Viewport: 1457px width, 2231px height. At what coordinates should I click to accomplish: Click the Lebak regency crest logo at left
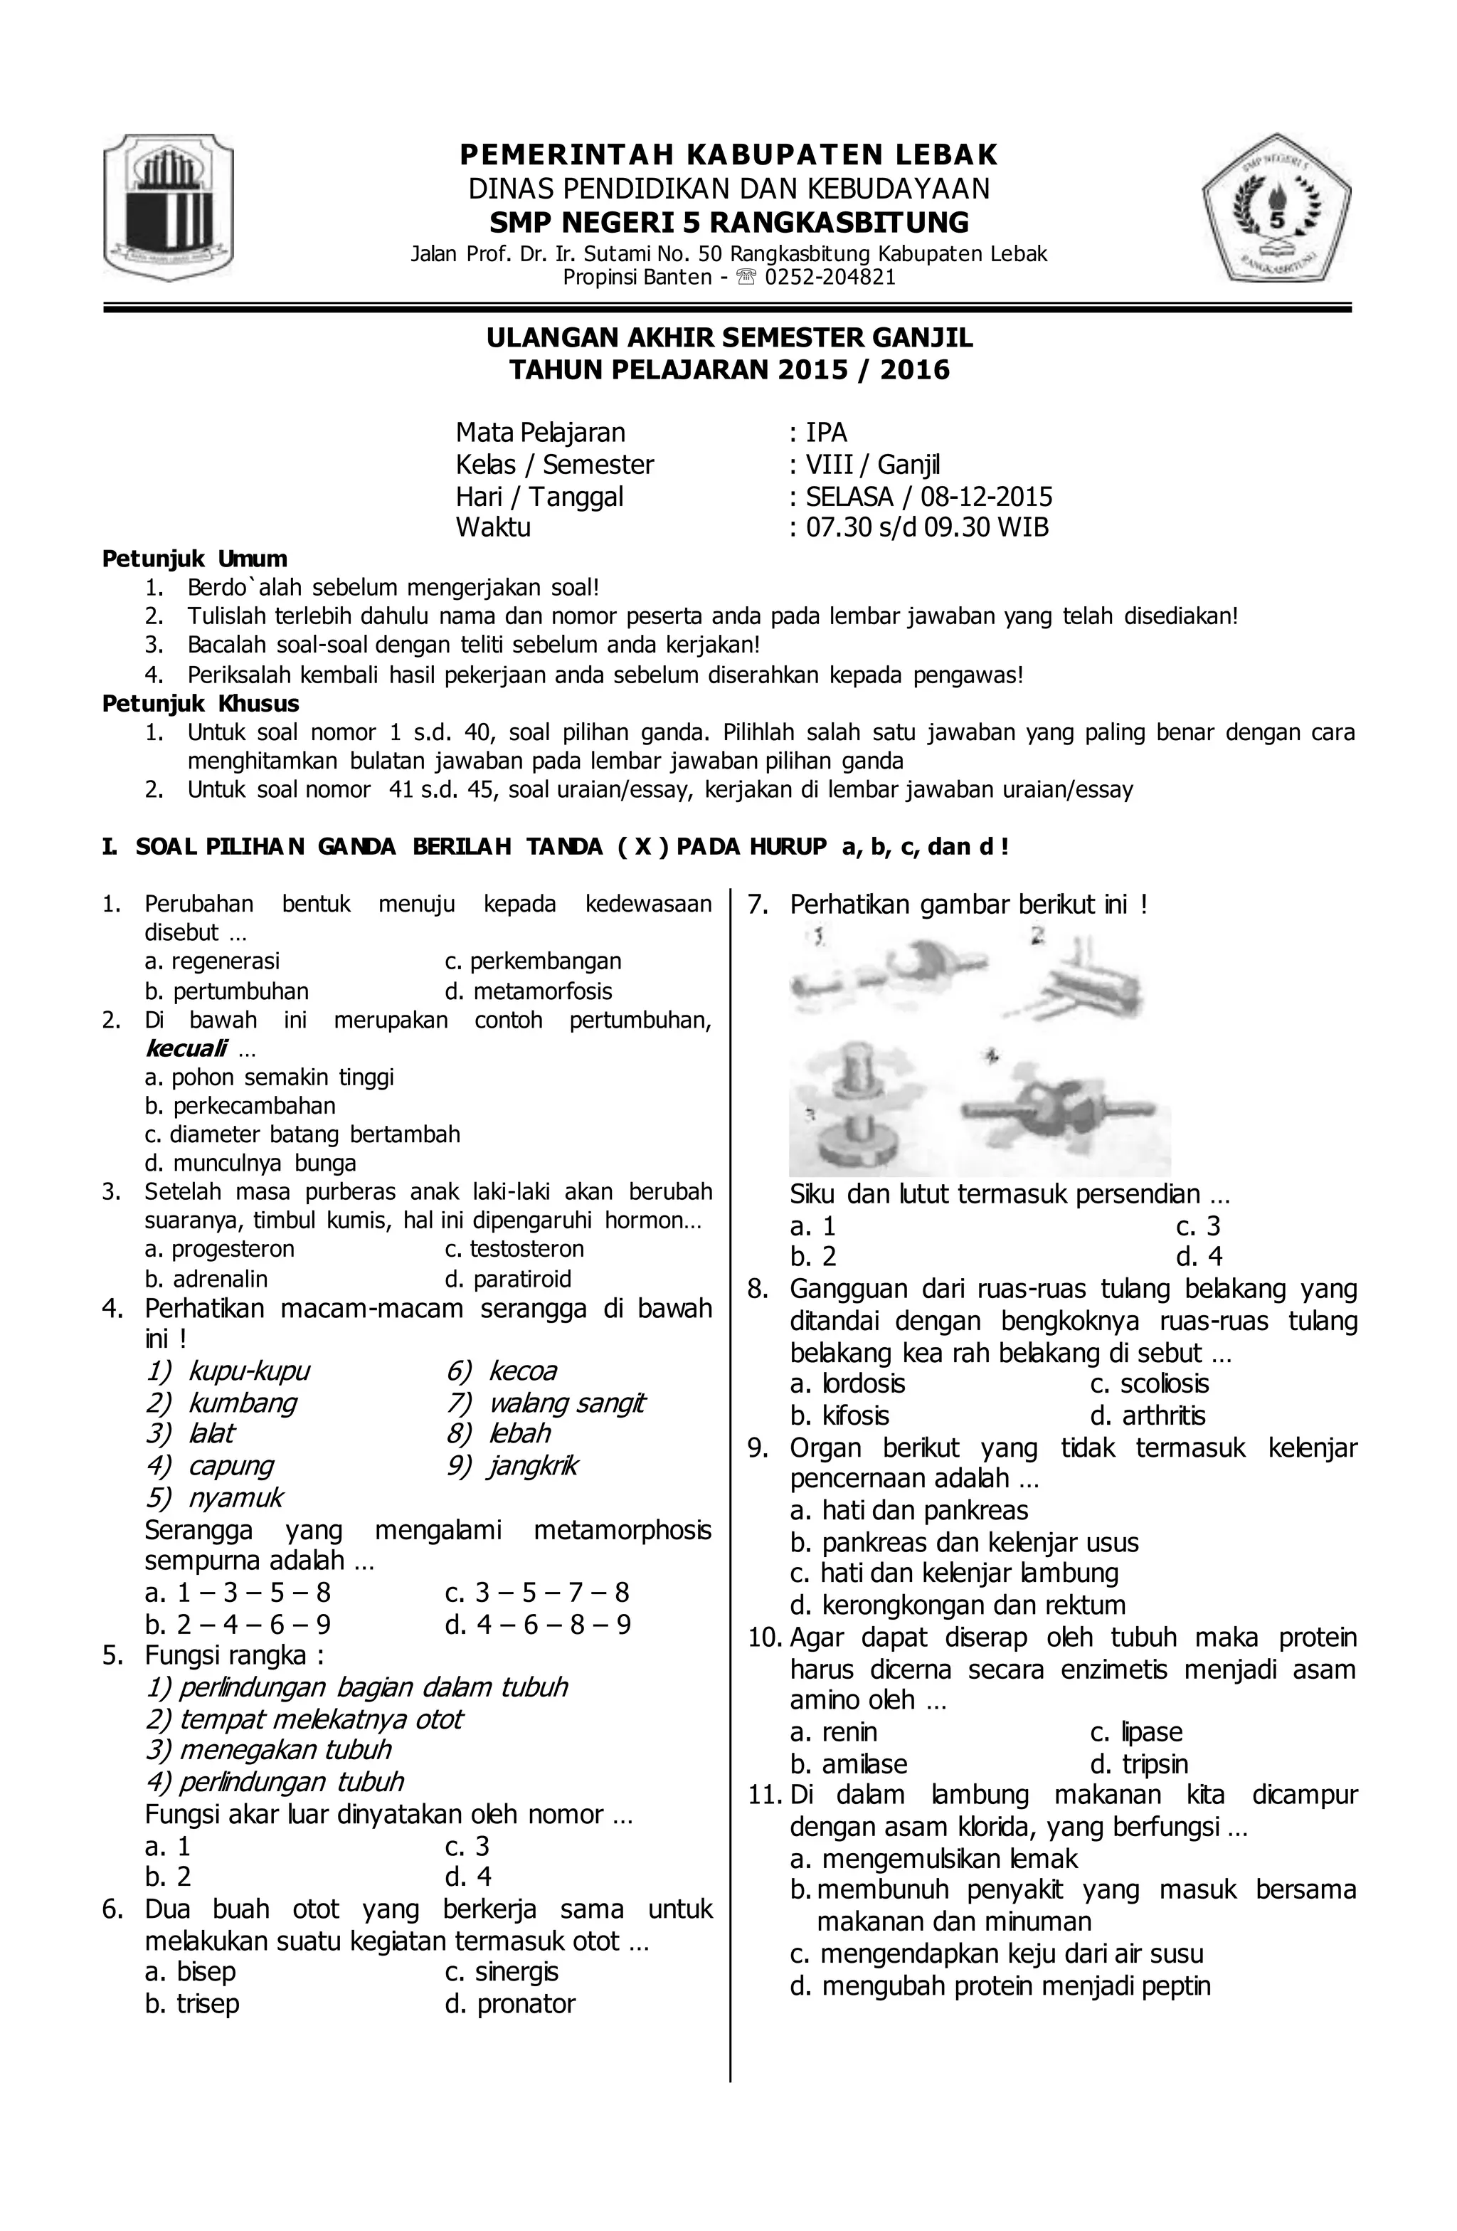point(169,207)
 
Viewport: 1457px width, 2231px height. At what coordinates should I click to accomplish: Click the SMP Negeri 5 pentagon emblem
point(1277,207)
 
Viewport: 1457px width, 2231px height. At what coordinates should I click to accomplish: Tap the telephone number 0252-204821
point(830,278)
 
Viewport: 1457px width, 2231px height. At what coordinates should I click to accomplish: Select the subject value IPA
point(827,433)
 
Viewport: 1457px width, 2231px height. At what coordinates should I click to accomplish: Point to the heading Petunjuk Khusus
point(201,704)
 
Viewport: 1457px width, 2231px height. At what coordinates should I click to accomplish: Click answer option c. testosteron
point(514,1250)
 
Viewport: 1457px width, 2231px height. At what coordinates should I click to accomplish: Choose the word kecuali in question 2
point(186,1049)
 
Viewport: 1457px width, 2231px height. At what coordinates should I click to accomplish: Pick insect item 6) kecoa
point(502,1371)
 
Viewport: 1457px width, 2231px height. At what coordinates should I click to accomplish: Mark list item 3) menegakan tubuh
point(268,1750)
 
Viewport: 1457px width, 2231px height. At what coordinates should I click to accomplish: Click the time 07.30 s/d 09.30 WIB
point(927,528)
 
